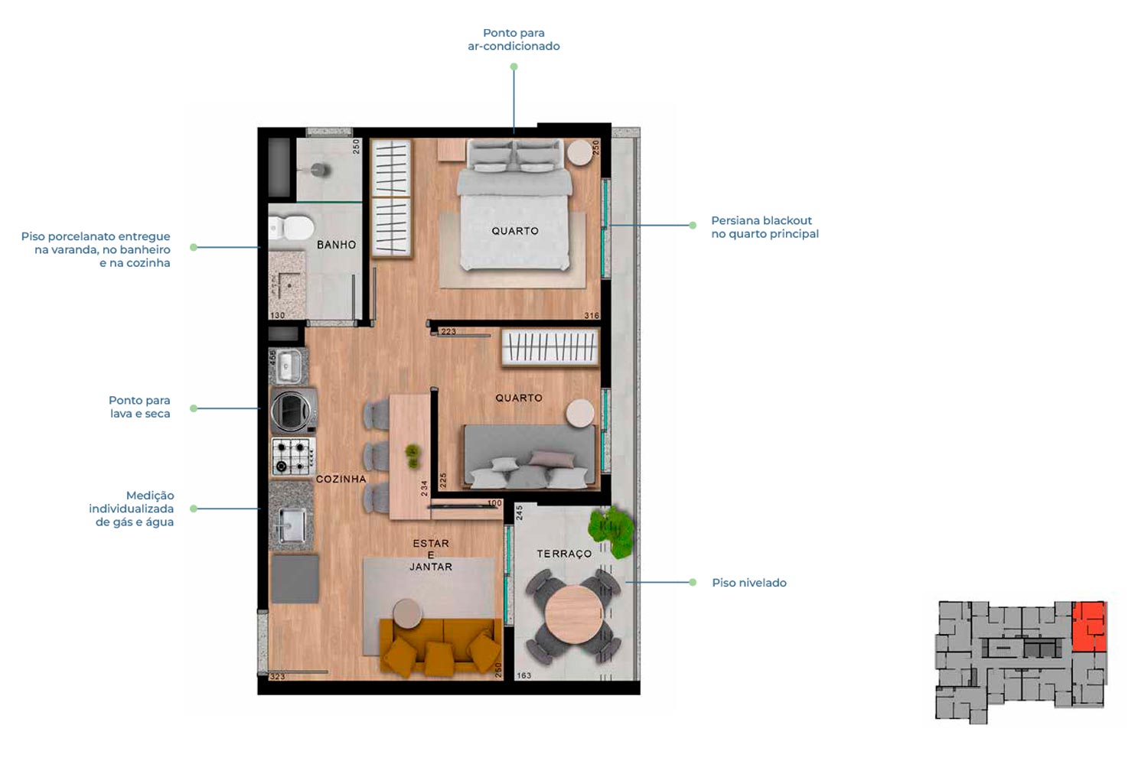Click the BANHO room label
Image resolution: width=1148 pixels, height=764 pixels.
pyautogui.click(x=336, y=245)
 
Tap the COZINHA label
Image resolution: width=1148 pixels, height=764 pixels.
pyautogui.click(x=341, y=479)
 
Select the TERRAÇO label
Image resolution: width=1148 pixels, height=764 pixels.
pyautogui.click(x=564, y=554)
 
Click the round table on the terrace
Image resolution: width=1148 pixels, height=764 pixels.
pyautogui.click(x=574, y=614)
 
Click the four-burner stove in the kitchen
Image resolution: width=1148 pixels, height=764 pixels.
pyautogui.click(x=293, y=456)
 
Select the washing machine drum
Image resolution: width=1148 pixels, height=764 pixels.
pyautogui.click(x=291, y=410)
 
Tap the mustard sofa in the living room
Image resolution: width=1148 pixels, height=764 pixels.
pyautogui.click(x=440, y=646)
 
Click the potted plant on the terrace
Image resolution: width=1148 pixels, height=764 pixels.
pyautogui.click(x=611, y=532)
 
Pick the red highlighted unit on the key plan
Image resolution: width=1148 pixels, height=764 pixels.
pyautogui.click(x=1090, y=626)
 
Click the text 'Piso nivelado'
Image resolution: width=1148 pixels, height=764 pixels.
pyautogui.click(x=748, y=583)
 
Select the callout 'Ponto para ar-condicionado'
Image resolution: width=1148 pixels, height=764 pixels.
pyautogui.click(x=514, y=40)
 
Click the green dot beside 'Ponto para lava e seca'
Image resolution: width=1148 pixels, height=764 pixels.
pyautogui.click(x=194, y=408)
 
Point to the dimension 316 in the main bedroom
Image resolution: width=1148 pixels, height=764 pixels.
pyautogui.click(x=592, y=315)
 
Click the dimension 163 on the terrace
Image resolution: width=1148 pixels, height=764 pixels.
pyautogui.click(x=523, y=675)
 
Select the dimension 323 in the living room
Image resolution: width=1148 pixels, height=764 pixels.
pyautogui.click(x=277, y=677)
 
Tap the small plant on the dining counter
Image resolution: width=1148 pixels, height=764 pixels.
pyautogui.click(x=413, y=456)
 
